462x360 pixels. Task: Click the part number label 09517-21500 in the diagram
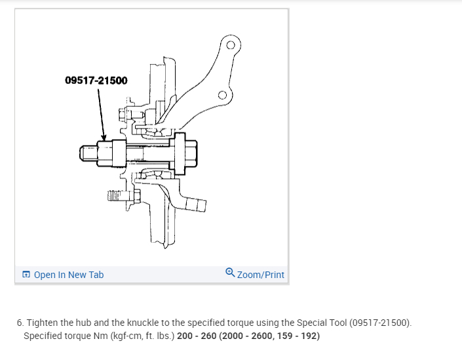point(96,81)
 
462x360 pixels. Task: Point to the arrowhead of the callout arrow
point(104,138)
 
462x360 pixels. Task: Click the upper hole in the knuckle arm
point(230,46)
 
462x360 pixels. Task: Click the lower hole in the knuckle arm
point(222,96)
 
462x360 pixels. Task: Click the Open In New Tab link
point(68,275)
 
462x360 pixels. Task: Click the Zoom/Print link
point(260,275)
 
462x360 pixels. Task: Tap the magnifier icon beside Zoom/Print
point(230,273)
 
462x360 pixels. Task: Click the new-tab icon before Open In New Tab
point(26,275)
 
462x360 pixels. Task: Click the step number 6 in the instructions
point(20,323)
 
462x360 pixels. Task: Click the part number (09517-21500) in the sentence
point(380,323)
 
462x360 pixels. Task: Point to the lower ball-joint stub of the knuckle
point(195,205)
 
